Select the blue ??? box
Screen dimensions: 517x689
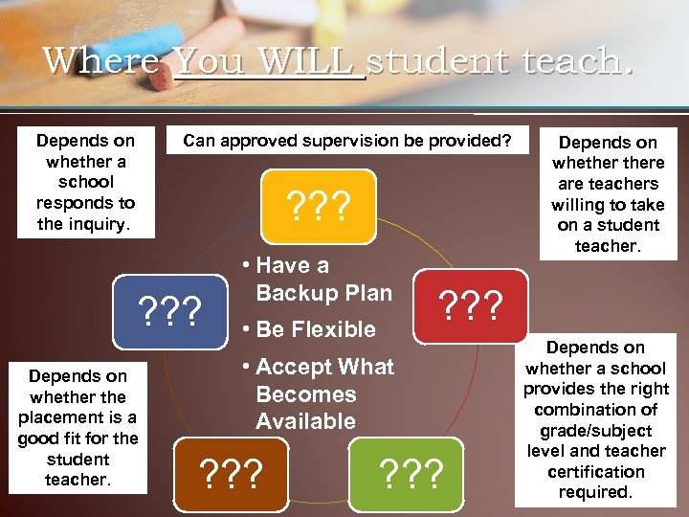pyautogui.click(x=169, y=310)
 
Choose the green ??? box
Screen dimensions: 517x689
pyautogui.click(x=411, y=471)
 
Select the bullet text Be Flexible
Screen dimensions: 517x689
pyautogui.click(x=316, y=329)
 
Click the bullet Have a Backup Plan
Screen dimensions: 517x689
pyautogui.click(x=316, y=280)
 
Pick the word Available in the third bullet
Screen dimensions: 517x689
pyautogui.click(x=305, y=421)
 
